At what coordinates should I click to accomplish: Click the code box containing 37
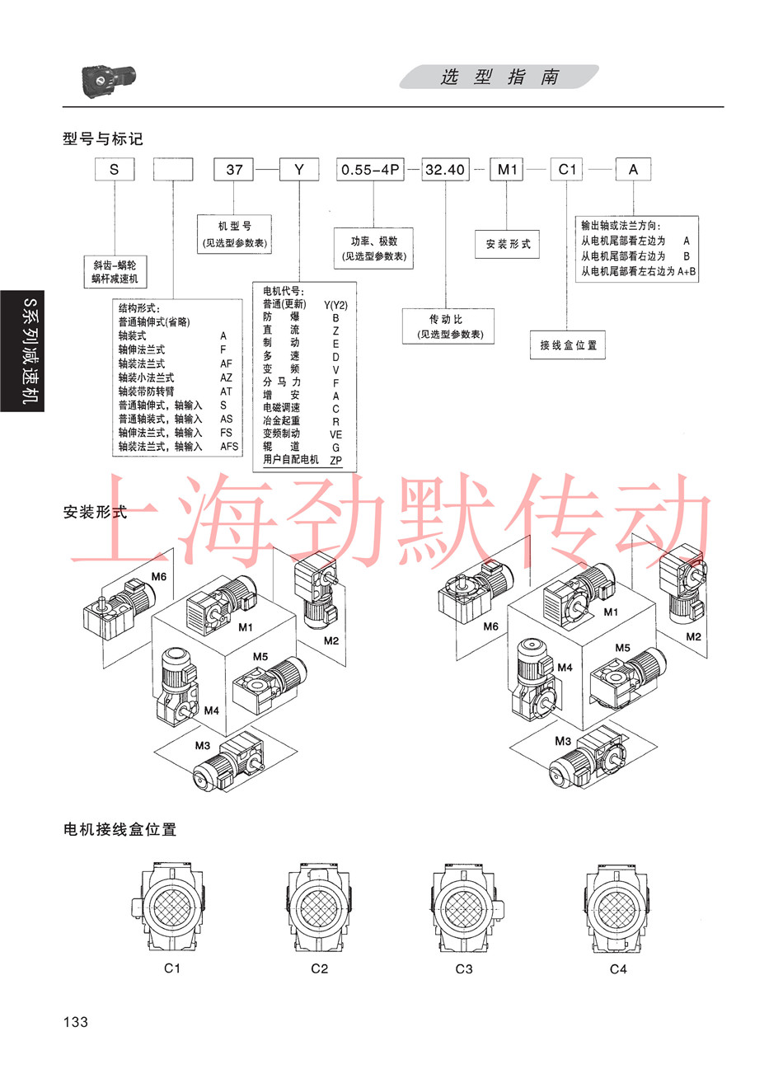click(x=233, y=170)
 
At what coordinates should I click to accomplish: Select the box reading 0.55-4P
click(x=370, y=170)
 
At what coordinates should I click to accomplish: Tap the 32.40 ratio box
click(x=445, y=170)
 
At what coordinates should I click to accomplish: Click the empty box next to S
click(x=173, y=170)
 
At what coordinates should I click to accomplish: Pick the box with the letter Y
click(x=299, y=170)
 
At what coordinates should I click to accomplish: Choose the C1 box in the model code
click(x=567, y=170)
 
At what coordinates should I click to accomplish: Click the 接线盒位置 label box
click(x=568, y=345)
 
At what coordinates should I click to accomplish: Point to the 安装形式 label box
click(x=507, y=244)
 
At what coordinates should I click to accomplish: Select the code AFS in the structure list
click(x=229, y=447)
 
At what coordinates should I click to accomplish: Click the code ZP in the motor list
click(x=336, y=461)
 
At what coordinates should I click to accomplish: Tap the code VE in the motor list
click(x=336, y=434)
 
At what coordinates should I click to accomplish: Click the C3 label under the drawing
click(x=464, y=968)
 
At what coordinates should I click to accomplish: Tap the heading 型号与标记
click(x=102, y=138)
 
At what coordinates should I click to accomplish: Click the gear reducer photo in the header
click(x=109, y=81)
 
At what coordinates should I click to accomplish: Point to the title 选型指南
click(x=499, y=77)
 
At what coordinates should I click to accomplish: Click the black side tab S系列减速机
click(x=22, y=351)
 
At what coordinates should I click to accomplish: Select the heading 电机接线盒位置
click(x=120, y=829)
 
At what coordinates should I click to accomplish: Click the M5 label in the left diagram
click(x=260, y=657)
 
